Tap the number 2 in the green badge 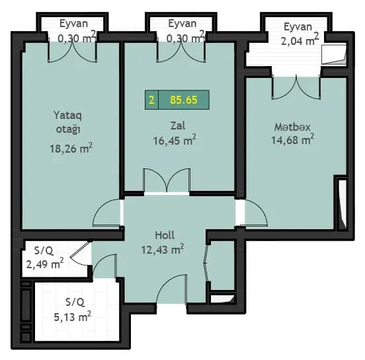[152, 100]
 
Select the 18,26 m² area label [70, 149]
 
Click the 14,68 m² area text [292, 139]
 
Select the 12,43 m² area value [162, 249]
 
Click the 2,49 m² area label [44, 264]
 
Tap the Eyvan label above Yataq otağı [73, 24]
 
